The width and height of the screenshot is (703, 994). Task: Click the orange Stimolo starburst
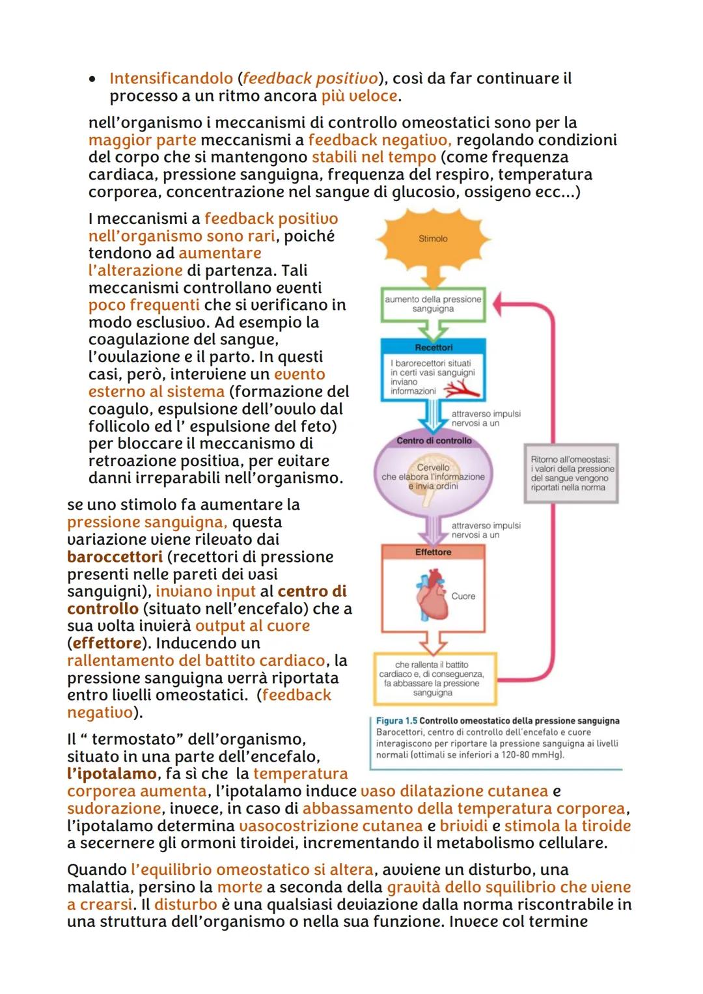coord(433,239)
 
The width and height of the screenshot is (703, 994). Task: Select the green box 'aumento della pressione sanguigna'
coord(433,304)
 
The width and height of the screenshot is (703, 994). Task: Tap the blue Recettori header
coord(434,348)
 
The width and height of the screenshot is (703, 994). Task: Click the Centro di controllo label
coord(434,441)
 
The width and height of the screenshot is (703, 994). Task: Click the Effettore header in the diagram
coord(434,552)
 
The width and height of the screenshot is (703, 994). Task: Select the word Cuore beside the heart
coord(463,596)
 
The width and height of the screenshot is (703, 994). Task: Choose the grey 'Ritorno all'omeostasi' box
coord(572,473)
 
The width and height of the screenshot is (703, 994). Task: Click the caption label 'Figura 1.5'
coord(396,721)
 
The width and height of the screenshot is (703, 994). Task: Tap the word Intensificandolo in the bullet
coord(171,79)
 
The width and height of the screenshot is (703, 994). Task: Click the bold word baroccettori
coord(115,557)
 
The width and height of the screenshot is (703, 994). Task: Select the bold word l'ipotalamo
coord(111,774)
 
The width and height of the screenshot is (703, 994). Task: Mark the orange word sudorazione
coord(114,808)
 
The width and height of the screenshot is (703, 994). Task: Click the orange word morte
coord(240,887)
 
